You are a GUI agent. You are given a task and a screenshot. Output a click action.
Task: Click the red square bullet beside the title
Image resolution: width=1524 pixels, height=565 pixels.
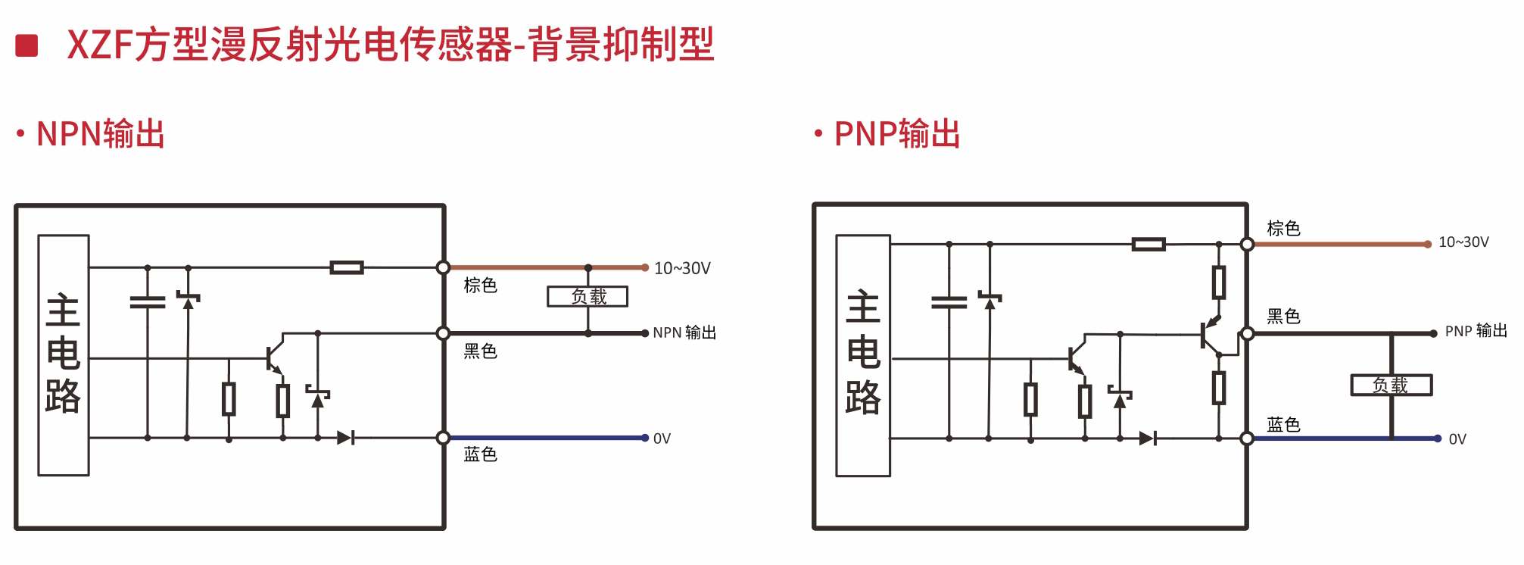pyautogui.click(x=26, y=45)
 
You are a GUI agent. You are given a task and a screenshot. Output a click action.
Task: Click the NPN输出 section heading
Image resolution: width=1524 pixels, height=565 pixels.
pyautogui.click(x=100, y=134)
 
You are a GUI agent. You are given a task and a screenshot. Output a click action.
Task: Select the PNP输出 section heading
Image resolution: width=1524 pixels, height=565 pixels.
pyautogui.click(x=897, y=134)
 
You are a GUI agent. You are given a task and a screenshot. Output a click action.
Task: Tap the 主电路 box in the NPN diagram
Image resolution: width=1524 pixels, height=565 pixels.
pyautogui.click(x=64, y=355)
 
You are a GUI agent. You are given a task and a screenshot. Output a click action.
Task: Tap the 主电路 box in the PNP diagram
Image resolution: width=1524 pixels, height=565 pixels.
pyautogui.click(x=863, y=355)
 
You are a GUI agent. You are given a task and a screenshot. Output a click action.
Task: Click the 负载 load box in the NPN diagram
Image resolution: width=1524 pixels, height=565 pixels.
pyautogui.click(x=587, y=296)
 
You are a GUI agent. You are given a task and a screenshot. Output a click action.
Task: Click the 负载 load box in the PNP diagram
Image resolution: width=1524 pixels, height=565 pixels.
pyautogui.click(x=1391, y=385)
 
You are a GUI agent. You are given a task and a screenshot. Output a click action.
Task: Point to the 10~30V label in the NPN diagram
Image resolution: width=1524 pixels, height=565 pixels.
pyautogui.click(x=682, y=268)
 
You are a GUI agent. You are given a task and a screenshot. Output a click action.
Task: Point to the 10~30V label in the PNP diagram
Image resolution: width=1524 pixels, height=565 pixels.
pyautogui.click(x=1463, y=242)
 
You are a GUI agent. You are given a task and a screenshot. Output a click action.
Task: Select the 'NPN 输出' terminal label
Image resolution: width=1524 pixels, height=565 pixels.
pyautogui.click(x=684, y=332)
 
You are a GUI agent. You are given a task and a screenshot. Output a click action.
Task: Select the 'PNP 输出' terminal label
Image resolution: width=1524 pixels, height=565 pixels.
pyautogui.click(x=1476, y=331)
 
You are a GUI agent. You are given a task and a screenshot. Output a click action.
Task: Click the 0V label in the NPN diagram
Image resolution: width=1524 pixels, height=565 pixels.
pyautogui.click(x=662, y=439)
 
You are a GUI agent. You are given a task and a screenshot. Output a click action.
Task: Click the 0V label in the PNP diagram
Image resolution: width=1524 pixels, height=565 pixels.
pyautogui.click(x=1457, y=439)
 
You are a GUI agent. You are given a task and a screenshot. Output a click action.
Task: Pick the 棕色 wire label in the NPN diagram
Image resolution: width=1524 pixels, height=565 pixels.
pyautogui.click(x=480, y=286)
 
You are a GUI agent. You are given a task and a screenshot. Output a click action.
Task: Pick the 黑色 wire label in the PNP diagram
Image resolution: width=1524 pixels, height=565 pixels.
pyautogui.click(x=1283, y=317)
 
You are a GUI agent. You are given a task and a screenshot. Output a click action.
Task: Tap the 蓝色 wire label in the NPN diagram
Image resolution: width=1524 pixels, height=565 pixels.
pyautogui.click(x=480, y=454)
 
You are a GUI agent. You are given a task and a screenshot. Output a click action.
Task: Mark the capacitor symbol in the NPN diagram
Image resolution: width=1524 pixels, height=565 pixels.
pyautogui.click(x=148, y=302)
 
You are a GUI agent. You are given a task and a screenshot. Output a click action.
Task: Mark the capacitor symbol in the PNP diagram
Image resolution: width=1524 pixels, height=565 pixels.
pyautogui.click(x=949, y=302)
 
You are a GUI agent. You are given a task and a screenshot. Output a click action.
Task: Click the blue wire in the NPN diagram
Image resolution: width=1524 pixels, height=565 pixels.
pyautogui.click(x=545, y=438)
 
